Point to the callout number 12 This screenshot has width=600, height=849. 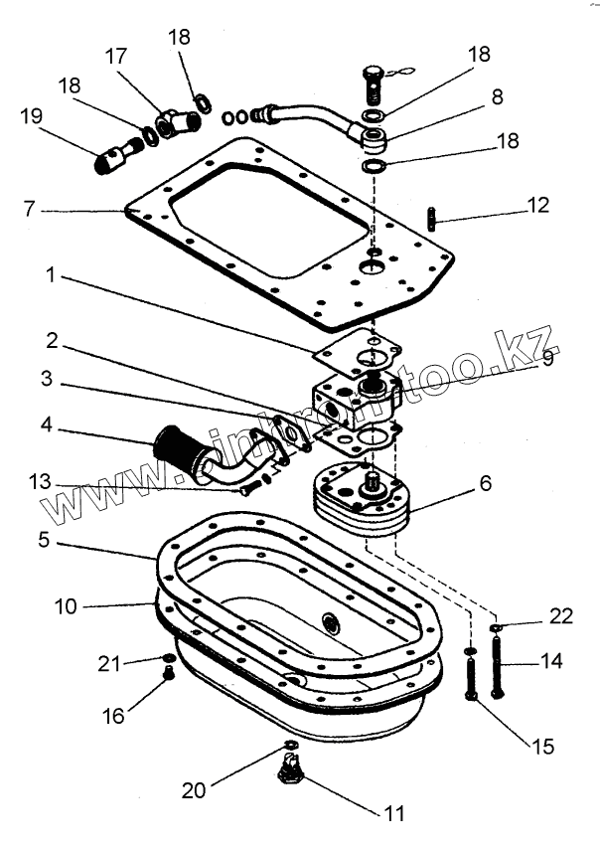536,206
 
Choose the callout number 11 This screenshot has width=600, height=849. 394,812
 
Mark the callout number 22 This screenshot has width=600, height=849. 561,616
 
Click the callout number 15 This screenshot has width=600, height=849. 542,746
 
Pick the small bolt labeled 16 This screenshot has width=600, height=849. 167,676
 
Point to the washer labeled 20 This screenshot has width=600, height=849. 289,746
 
